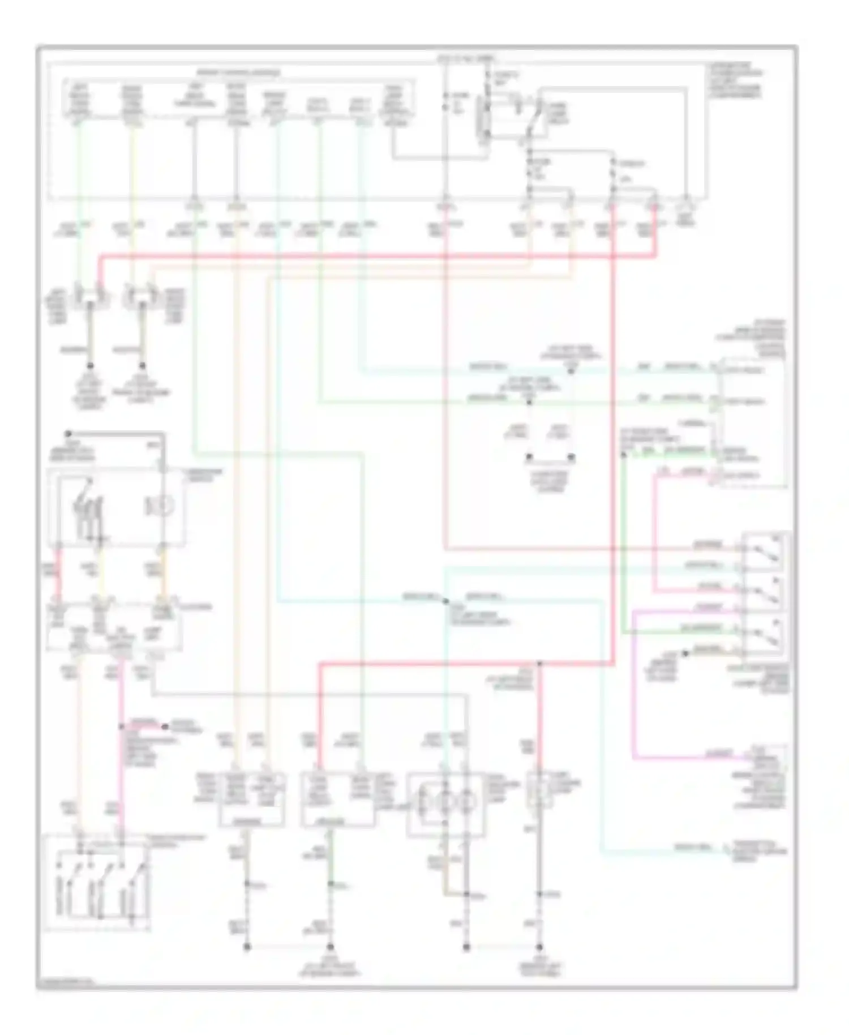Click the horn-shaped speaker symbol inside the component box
[157, 506]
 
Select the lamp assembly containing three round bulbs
[445, 805]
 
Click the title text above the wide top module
[238, 73]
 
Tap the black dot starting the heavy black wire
[67, 433]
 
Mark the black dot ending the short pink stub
[165, 726]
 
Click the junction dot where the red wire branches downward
[539, 663]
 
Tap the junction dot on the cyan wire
[446, 601]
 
